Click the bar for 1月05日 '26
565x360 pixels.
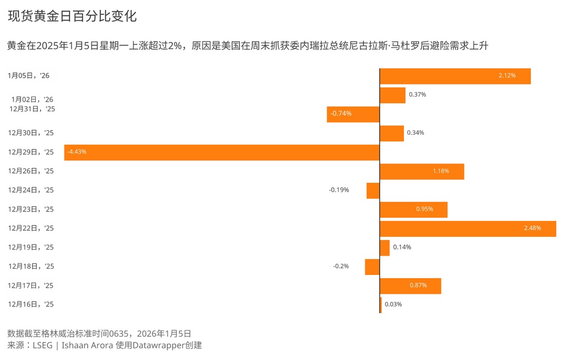coord(455,76)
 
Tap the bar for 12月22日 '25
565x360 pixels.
coord(467,229)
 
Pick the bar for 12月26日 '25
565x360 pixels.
coord(422,172)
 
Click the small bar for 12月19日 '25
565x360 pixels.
coord(385,248)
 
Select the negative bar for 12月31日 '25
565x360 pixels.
coord(353,114)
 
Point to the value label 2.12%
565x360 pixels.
coord(507,76)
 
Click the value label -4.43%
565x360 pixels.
coord(77,152)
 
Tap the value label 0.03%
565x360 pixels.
coord(393,304)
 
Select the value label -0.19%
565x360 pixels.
coord(339,190)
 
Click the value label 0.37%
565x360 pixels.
coord(417,94)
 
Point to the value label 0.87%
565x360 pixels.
coord(418,285)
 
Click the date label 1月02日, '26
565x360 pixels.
coord(32,99)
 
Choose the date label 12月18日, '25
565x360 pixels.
coord(31,266)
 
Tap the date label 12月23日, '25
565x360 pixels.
coord(31,209)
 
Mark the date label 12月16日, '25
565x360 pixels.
coord(31,304)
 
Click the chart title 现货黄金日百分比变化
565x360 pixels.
coord(72,17)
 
